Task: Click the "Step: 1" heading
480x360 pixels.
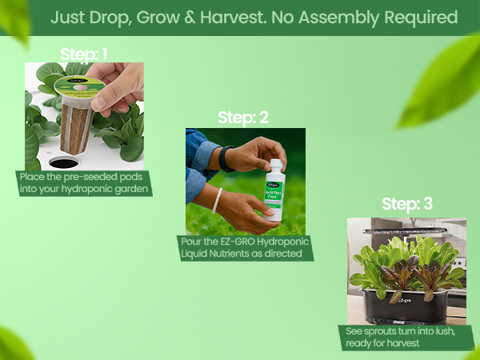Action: pos(84,54)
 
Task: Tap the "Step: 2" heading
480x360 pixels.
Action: pos(242,118)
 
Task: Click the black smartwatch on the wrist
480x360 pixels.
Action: pos(227,158)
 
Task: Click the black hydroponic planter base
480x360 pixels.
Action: pos(405,303)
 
